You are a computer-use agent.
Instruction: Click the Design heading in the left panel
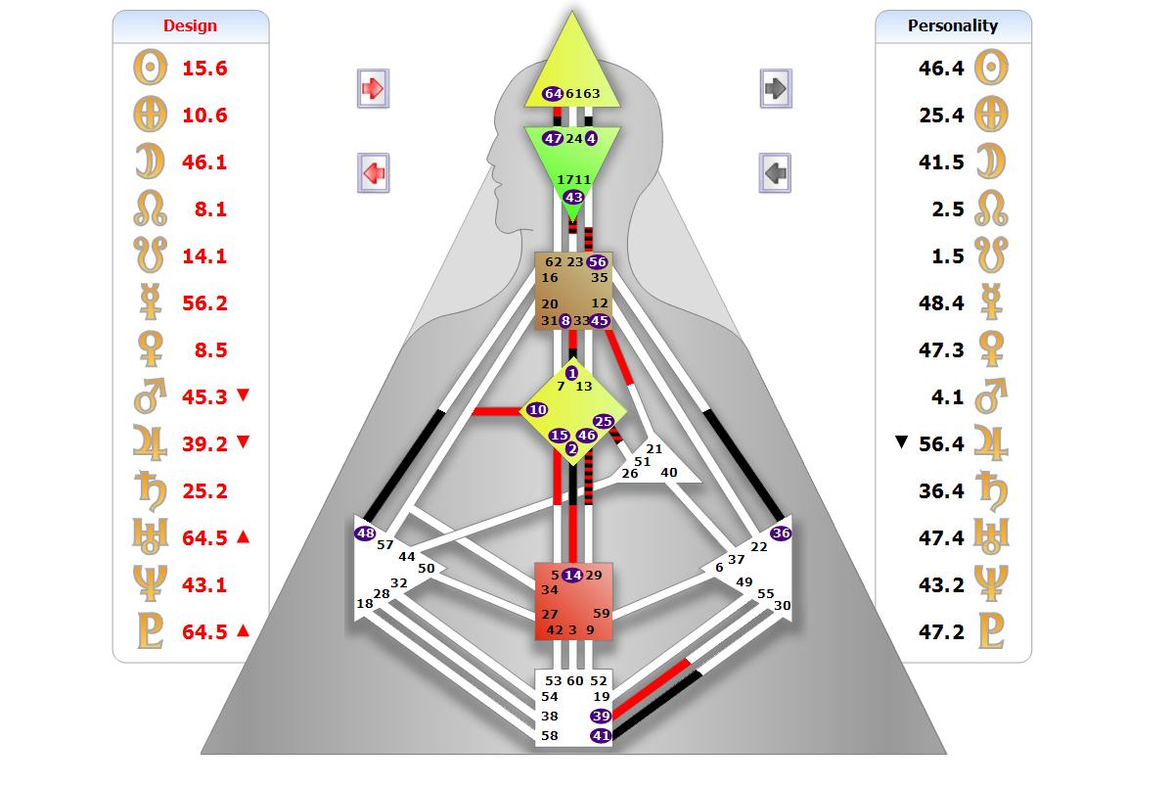[190, 26]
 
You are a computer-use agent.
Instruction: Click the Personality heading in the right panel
[952, 26]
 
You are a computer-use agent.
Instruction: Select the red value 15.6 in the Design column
[204, 69]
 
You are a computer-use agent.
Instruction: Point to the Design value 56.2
[204, 303]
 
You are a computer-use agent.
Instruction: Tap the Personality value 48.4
[941, 303]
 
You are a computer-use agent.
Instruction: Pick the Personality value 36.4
[941, 491]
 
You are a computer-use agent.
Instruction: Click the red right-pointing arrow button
[374, 89]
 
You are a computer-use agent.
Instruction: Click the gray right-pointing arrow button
[776, 89]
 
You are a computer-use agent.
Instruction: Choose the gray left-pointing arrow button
[775, 173]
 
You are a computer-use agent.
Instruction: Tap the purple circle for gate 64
[553, 94]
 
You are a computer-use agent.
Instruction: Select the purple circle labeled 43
[573, 197]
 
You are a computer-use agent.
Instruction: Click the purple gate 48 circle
[365, 533]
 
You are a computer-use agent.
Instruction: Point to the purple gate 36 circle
[781, 533]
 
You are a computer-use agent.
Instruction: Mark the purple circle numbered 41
[600, 735]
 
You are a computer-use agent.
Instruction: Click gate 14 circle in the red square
[572, 576]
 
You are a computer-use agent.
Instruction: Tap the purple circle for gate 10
[537, 410]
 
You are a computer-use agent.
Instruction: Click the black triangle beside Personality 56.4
[902, 443]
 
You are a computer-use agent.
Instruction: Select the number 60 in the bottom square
[575, 681]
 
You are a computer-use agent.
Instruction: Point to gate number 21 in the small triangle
[655, 449]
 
